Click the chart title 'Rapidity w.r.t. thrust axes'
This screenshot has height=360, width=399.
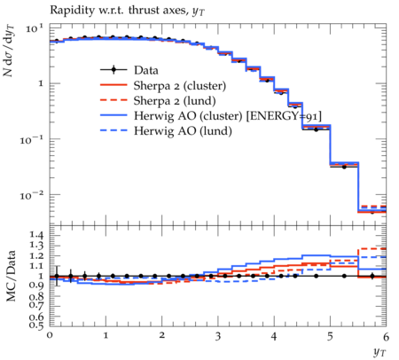click(119, 10)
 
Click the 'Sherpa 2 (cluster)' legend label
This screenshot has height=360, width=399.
click(180, 86)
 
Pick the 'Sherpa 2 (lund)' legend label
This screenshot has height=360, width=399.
click(175, 101)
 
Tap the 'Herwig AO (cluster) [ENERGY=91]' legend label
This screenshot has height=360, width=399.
click(228, 116)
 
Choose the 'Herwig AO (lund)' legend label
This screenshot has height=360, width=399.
click(183, 131)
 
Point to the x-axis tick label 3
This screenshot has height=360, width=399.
click(218, 336)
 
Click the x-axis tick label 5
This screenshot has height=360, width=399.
click(330, 336)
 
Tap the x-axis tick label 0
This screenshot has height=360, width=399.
click(50, 335)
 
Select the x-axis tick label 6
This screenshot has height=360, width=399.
click(386, 336)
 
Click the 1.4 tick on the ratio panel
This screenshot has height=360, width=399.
click(37, 235)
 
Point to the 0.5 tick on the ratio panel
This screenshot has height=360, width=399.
click(37, 325)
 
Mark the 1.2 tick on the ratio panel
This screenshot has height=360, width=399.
click(37, 255)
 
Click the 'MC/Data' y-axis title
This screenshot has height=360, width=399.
click(11, 276)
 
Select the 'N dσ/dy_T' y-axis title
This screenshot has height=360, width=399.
click(9, 51)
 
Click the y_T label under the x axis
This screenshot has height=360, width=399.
click(379, 352)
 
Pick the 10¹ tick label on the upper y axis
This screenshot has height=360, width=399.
click(35, 28)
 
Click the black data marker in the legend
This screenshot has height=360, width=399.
click(113, 70)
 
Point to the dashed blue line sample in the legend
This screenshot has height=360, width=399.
click(113, 130)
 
